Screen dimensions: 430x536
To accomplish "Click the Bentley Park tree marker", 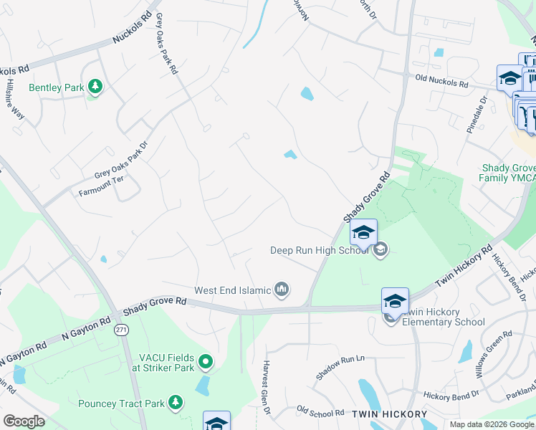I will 95,87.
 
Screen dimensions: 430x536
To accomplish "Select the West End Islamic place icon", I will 282,290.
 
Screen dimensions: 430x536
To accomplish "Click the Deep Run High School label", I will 319,250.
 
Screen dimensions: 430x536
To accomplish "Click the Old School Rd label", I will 320,411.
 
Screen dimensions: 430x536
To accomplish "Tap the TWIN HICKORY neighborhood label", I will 389,414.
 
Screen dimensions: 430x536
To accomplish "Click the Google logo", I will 24,421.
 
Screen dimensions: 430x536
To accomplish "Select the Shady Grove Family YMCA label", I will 508,173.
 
